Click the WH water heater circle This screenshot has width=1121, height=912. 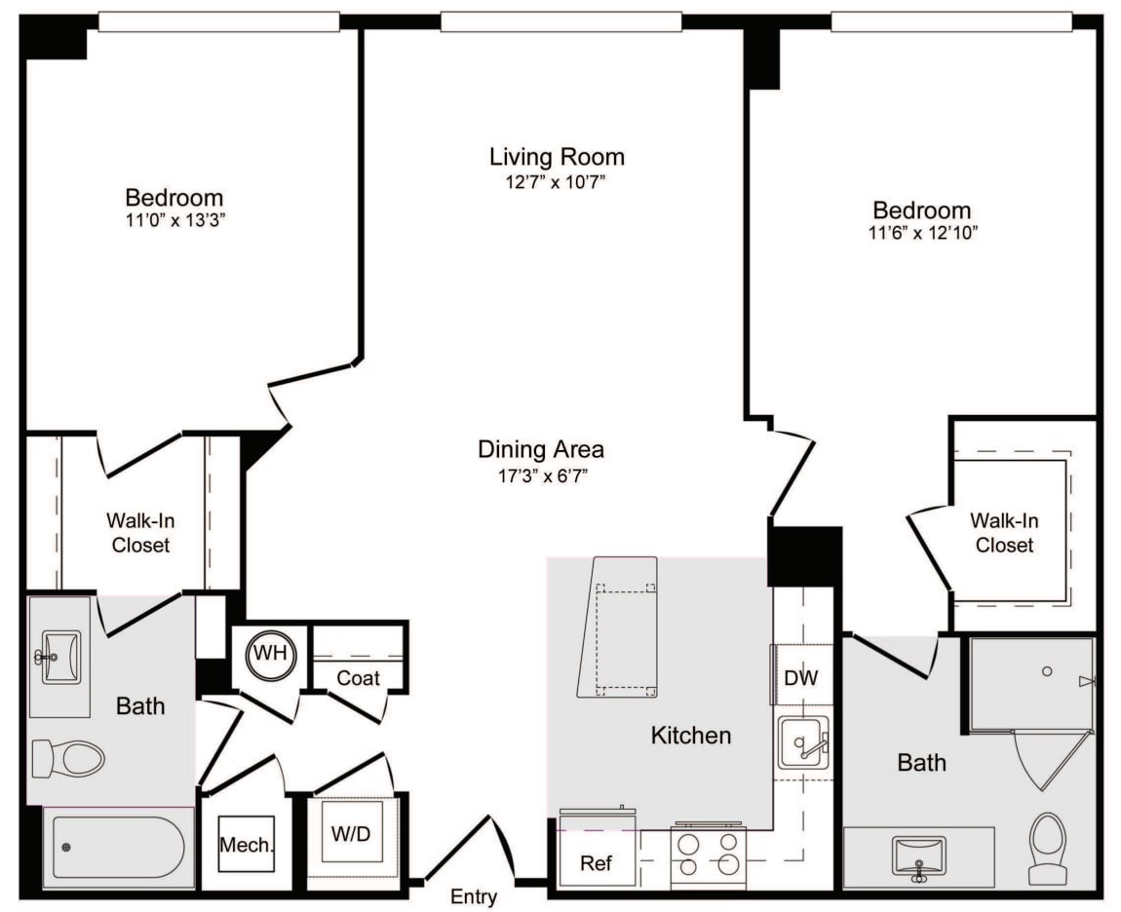(x=270, y=653)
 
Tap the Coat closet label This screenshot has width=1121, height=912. (x=358, y=677)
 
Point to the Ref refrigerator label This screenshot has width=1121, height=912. (x=596, y=863)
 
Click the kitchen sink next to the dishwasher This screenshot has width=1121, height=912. (x=803, y=743)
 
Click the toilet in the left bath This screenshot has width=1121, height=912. (x=68, y=758)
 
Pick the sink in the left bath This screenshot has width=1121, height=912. (x=60, y=657)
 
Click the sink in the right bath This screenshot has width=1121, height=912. (x=918, y=856)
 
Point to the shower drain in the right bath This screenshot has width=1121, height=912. (x=1046, y=671)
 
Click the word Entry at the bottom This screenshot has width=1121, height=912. (x=474, y=897)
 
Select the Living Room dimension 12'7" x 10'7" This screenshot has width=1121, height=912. (x=557, y=182)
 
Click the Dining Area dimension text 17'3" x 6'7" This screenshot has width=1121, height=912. (x=541, y=475)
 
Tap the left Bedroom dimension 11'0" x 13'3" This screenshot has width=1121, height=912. (x=174, y=220)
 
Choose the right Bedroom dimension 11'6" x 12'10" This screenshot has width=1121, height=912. (x=921, y=234)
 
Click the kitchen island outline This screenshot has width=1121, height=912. (x=618, y=627)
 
